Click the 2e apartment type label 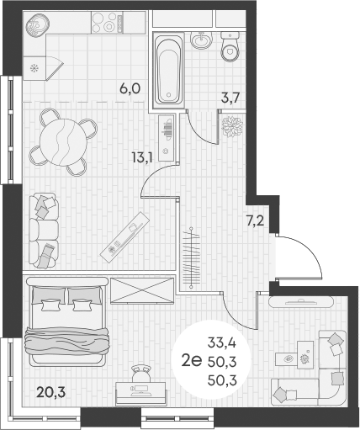pos(191,363)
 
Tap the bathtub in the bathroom pos(171,68)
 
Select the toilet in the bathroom pos(228,50)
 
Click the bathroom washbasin pos(200,40)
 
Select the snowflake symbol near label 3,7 pos(230,125)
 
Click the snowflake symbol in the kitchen pos(34,69)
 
